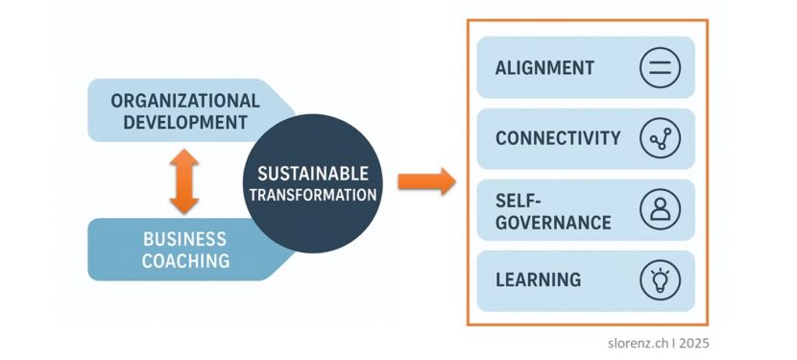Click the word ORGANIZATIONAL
(185, 100)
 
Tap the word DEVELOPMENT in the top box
(179, 122)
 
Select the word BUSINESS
(185, 239)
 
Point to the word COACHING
(185, 260)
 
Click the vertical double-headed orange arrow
(183, 180)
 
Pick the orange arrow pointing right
(425, 180)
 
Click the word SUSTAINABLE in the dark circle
(313, 174)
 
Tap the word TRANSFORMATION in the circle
(313, 195)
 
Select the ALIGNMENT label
(544, 68)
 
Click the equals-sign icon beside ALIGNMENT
(660, 68)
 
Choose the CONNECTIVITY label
(558, 138)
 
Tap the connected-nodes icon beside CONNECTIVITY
(660, 138)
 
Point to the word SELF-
(519, 200)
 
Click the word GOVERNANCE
(553, 222)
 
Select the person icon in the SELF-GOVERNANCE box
(660, 209)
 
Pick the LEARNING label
(538, 280)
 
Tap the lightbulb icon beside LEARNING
(660, 280)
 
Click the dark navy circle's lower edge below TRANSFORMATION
(313, 245)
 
